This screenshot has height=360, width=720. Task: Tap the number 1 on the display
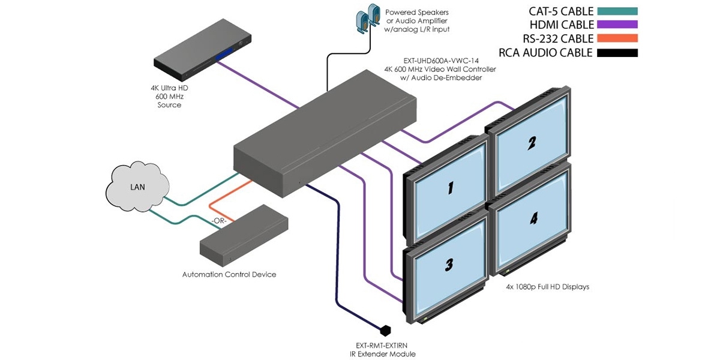449,188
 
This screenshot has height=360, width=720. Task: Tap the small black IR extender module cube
385,330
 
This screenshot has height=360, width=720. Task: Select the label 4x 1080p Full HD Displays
547,287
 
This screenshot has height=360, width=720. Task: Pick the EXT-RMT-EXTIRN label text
382,346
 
